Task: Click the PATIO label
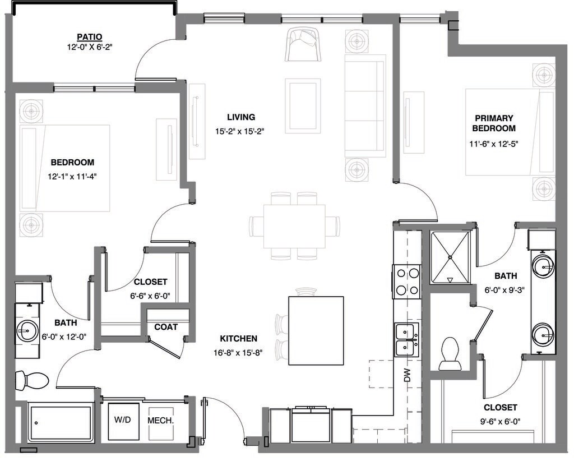coord(89,36)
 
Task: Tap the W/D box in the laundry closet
coord(124,421)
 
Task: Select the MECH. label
coord(160,421)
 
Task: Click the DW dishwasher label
coord(408,375)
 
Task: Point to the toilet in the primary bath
coord(450,354)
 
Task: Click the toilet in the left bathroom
coord(32,380)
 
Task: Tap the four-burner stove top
coord(407,281)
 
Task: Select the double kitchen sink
coord(406,340)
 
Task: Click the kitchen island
coord(316,331)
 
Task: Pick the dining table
coord(294,226)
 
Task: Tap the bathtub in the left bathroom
coord(61,422)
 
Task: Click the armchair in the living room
coord(303,44)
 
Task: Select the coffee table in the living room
coord(303,106)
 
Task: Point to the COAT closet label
coord(166,327)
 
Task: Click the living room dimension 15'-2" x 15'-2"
coord(239,131)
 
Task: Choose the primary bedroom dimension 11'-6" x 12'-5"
coord(493,144)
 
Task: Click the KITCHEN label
coord(239,339)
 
